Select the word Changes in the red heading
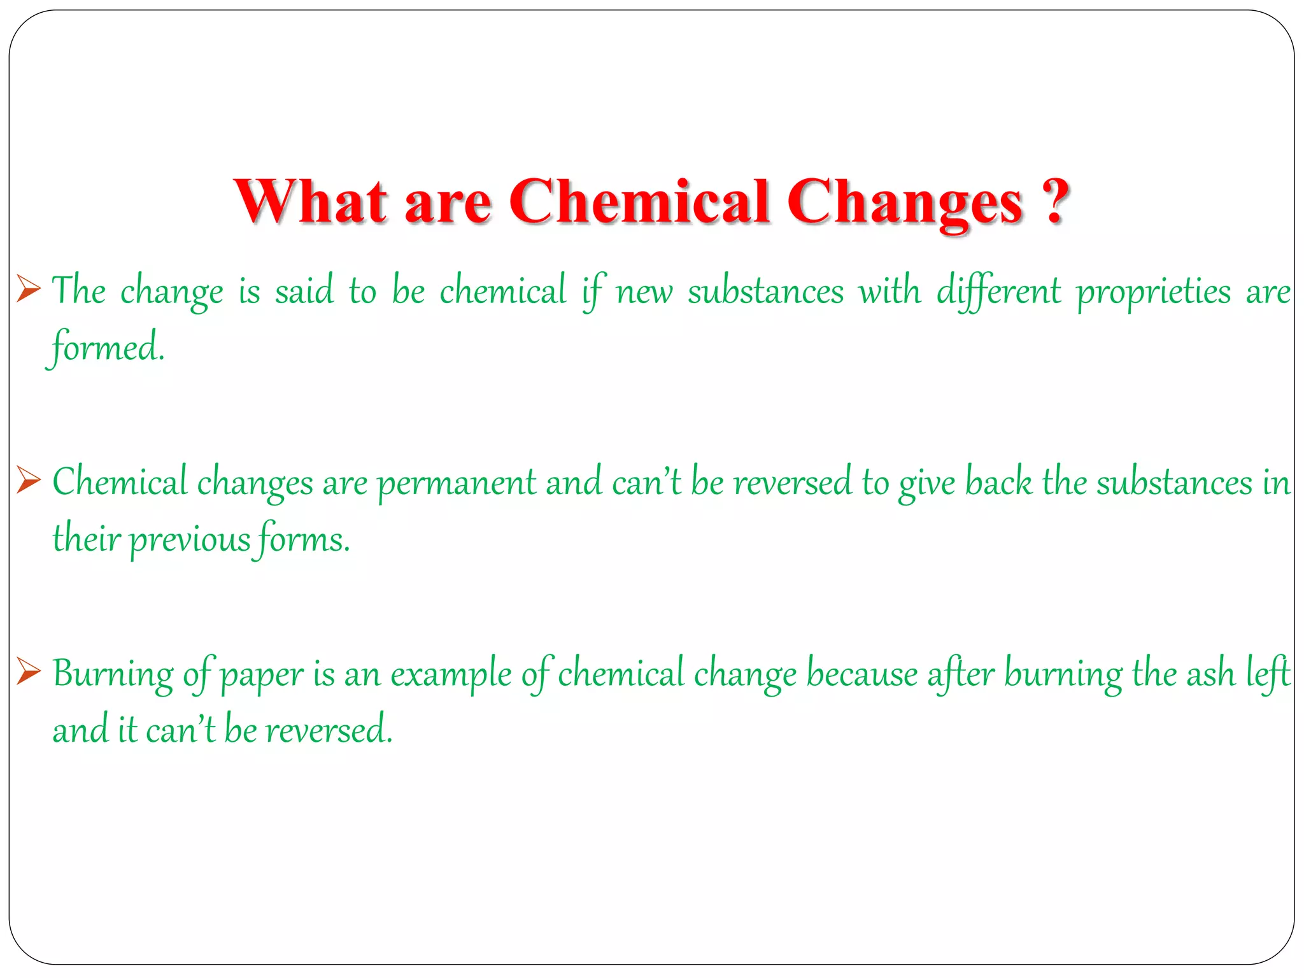point(904,202)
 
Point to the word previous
point(190,541)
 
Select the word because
point(862,674)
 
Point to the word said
point(304,292)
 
